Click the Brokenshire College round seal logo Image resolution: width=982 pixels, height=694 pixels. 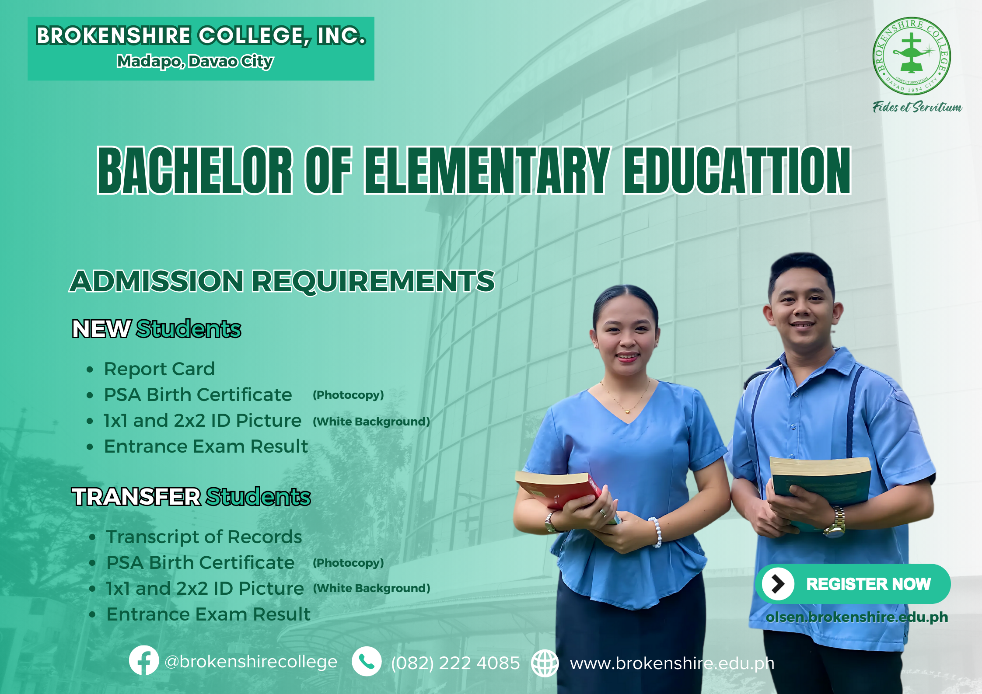click(x=911, y=56)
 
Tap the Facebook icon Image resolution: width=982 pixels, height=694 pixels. click(x=144, y=660)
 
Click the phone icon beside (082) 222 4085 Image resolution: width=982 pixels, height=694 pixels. click(x=367, y=661)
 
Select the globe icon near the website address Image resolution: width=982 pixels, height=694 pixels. click(x=545, y=663)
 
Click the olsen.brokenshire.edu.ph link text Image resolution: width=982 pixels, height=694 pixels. click(x=857, y=617)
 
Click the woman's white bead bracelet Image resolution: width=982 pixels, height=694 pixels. click(x=656, y=532)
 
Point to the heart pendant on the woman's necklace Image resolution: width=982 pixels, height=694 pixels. click(x=628, y=411)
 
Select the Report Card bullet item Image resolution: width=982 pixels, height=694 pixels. click(x=159, y=369)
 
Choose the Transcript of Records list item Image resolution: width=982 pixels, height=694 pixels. click(x=204, y=537)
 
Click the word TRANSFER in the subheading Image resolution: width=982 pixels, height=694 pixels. click(x=136, y=497)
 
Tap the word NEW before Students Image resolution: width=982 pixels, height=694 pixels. click(x=101, y=329)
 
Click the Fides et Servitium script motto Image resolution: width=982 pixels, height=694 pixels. click(x=917, y=107)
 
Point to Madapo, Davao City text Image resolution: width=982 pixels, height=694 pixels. click(x=195, y=61)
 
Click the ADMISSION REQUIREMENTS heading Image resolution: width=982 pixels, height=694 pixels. click(x=282, y=281)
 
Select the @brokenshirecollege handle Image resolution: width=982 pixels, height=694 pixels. click(x=251, y=662)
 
